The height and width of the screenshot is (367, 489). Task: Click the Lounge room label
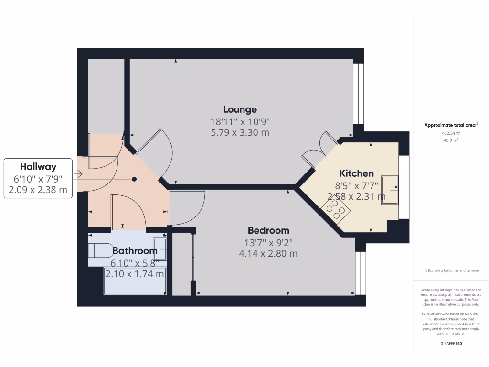click(x=240, y=109)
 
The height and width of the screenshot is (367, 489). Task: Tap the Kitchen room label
click(x=356, y=173)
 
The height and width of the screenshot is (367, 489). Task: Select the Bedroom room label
click(x=268, y=230)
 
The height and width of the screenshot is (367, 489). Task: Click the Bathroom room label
click(x=135, y=250)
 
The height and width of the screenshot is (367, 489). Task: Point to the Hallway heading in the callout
click(x=38, y=167)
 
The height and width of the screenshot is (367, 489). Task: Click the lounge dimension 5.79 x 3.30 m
click(x=240, y=132)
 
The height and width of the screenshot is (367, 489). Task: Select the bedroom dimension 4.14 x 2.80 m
click(x=268, y=253)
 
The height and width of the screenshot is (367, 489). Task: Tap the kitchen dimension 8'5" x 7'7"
click(x=356, y=185)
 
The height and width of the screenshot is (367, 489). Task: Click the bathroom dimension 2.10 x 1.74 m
click(x=135, y=274)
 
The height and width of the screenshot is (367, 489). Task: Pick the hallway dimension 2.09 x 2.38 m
click(x=38, y=191)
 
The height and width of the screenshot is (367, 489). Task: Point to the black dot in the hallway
click(x=134, y=179)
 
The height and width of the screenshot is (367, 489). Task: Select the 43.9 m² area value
click(x=451, y=140)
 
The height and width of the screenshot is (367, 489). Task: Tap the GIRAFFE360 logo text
click(x=451, y=343)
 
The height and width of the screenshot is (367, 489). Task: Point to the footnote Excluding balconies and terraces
click(x=451, y=270)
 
